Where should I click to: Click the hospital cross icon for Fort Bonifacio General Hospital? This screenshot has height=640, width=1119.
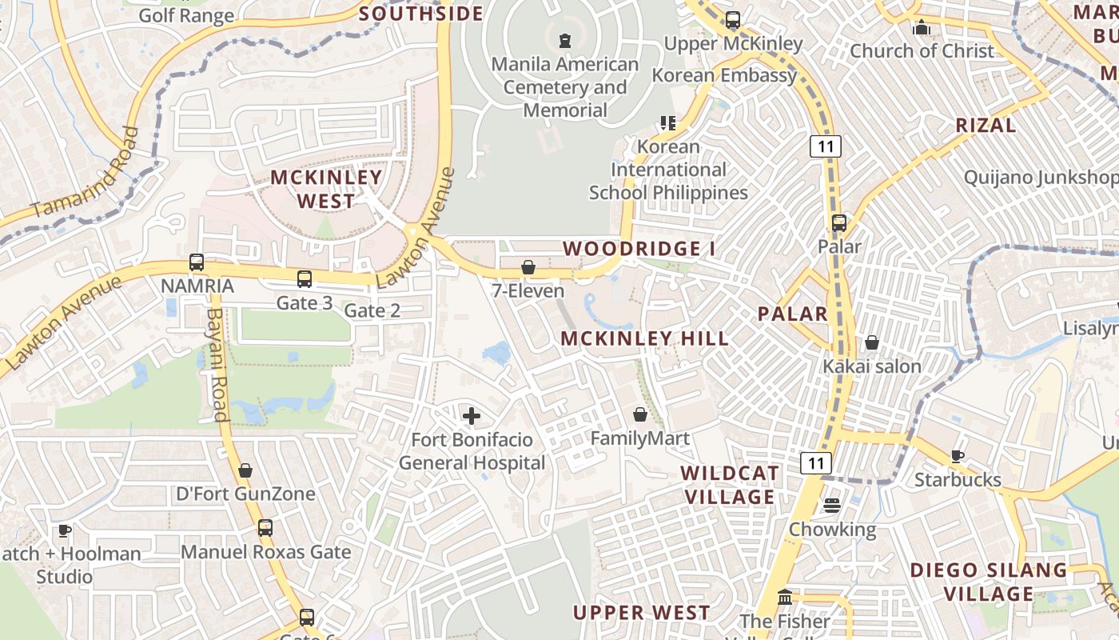pyautogui.click(x=472, y=415)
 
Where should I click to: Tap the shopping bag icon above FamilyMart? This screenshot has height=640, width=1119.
pyautogui.click(x=639, y=414)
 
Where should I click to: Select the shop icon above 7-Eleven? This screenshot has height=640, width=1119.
pyautogui.click(x=528, y=266)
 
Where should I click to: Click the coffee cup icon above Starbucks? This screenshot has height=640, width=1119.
pyautogui.click(x=957, y=456)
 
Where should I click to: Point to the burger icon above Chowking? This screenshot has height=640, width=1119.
pyautogui.click(x=832, y=505)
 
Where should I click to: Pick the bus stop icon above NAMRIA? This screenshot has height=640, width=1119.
pyautogui.click(x=197, y=262)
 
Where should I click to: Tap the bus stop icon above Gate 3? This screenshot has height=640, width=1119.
pyautogui.click(x=305, y=278)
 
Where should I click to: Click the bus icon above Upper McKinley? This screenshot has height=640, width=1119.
pyautogui.click(x=733, y=20)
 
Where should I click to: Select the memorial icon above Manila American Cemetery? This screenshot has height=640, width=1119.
pyautogui.click(x=565, y=39)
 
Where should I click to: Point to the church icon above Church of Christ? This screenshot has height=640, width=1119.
pyautogui.click(x=922, y=27)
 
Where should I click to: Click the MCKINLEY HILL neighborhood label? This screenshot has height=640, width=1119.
pyautogui.click(x=644, y=338)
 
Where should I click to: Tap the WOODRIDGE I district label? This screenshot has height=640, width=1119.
pyautogui.click(x=639, y=249)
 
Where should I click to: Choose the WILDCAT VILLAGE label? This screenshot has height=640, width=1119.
pyautogui.click(x=728, y=485)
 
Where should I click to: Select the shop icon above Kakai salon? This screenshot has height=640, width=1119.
pyautogui.click(x=872, y=342)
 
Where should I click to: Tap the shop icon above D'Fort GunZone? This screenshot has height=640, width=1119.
pyautogui.click(x=245, y=470)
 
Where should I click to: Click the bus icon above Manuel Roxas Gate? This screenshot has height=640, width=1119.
pyautogui.click(x=265, y=528)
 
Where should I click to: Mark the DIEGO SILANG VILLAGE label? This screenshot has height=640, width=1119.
pyautogui.click(x=989, y=582)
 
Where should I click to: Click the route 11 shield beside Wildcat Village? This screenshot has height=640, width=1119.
pyautogui.click(x=815, y=462)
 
